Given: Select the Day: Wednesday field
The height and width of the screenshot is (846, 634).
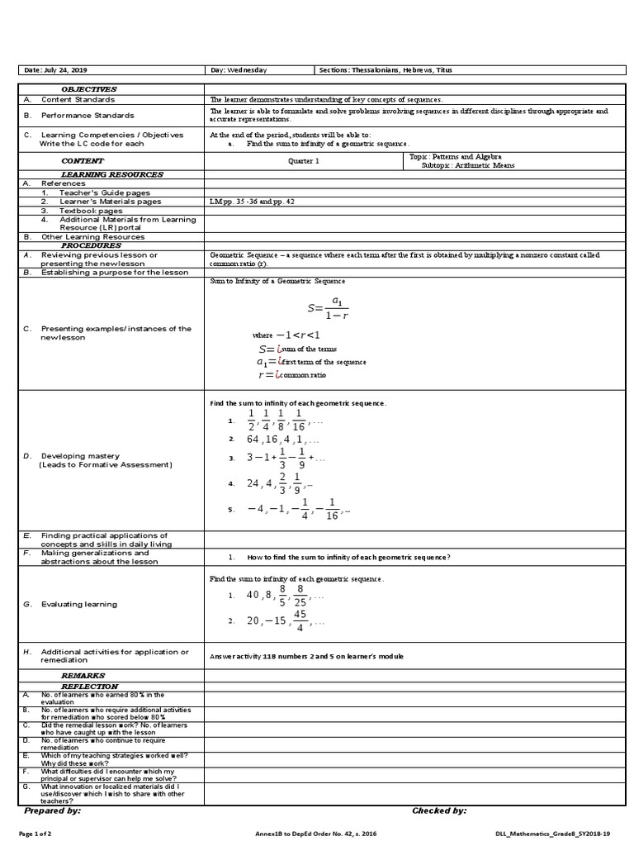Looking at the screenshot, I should coord(239,71).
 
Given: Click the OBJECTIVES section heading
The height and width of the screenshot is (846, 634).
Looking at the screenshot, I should coord(89,89).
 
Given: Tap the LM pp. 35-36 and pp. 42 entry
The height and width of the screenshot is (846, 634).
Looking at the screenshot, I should coord(252,201).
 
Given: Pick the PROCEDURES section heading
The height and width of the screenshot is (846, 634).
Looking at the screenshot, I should coord(91,245).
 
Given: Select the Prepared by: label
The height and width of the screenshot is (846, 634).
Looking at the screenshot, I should coord(53,810).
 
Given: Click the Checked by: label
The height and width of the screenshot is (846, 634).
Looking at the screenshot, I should coord(439,810).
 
